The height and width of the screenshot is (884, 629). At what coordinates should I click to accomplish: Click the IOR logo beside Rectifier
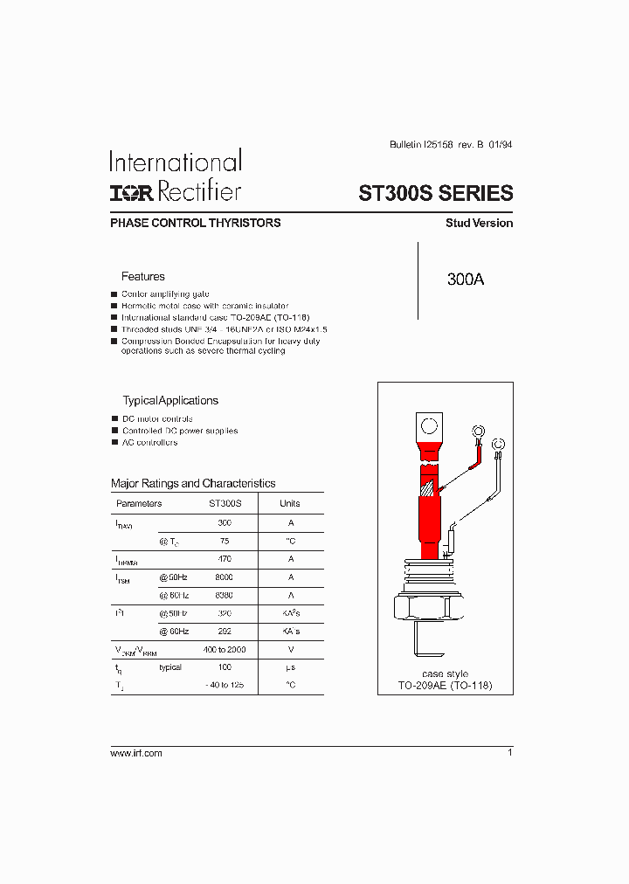[x=133, y=192]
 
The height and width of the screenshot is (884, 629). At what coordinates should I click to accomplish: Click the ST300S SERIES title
[x=436, y=193]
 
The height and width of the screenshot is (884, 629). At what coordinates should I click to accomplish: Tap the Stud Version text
[x=479, y=223]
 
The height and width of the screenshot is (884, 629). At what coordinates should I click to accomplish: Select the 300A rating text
[x=465, y=280]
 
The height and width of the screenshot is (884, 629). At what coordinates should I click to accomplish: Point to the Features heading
[x=142, y=276]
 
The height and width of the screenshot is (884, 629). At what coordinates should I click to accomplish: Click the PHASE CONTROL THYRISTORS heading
[x=196, y=223]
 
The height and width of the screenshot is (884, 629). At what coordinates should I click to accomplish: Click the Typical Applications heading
[x=169, y=401]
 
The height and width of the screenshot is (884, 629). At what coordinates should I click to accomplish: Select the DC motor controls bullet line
[x=157, y=419]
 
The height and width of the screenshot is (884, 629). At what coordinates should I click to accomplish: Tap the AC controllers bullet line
[x=149, y=442]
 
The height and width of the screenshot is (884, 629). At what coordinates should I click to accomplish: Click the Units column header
[x=289, y=503]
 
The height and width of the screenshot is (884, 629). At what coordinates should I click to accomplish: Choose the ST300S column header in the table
[x=225, y=503]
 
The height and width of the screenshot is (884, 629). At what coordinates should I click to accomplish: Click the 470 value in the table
[x=225, y=559]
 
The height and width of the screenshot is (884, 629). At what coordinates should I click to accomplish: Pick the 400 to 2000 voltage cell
[x=225, y=649]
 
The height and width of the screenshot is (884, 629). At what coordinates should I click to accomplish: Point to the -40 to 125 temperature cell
[x=225, y=685]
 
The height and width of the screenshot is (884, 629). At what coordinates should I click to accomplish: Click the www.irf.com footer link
[x=136, y=753]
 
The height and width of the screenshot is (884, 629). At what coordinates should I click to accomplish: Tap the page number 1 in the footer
[x=509, y=752]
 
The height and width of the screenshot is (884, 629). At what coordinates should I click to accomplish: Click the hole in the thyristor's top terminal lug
[x=430, y=427]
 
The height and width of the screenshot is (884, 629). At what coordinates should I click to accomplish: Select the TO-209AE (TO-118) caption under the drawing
[x=445, y=686]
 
